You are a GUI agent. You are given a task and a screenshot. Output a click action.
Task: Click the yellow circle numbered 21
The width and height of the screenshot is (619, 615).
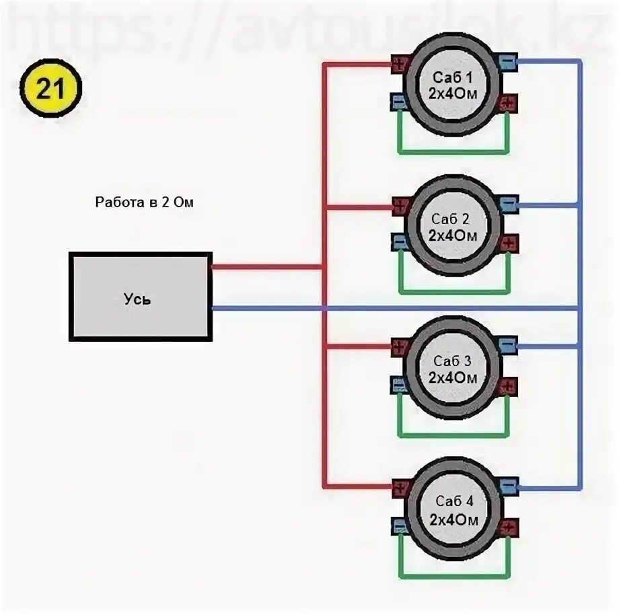[x=50, y=89]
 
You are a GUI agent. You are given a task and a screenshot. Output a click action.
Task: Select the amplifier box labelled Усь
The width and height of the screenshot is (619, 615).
[x=141, y=296]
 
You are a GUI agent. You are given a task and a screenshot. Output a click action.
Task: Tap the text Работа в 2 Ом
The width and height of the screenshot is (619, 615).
[x=144, y=201]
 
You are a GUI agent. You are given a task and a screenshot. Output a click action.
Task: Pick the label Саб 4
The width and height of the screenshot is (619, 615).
[x=453, y=501]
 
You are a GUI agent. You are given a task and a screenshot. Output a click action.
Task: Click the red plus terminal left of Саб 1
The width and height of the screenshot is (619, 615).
[x=400, y=65]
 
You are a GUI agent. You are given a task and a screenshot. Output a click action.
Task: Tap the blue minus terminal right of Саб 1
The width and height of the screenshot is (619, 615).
[x=507, y=62]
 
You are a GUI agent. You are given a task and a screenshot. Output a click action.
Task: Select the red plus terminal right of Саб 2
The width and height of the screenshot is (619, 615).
[x=508, y=242]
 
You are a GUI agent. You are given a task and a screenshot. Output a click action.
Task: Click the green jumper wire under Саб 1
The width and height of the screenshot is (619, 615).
[x=453, y=151]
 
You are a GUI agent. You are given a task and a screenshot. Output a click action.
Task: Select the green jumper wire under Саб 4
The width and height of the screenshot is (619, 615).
[x=453, y=576]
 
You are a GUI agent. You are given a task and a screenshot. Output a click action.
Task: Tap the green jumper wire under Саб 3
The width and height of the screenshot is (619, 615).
[x=453, y=434]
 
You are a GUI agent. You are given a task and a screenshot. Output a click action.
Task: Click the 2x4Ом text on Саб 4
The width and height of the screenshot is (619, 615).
[x=453, y=520]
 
